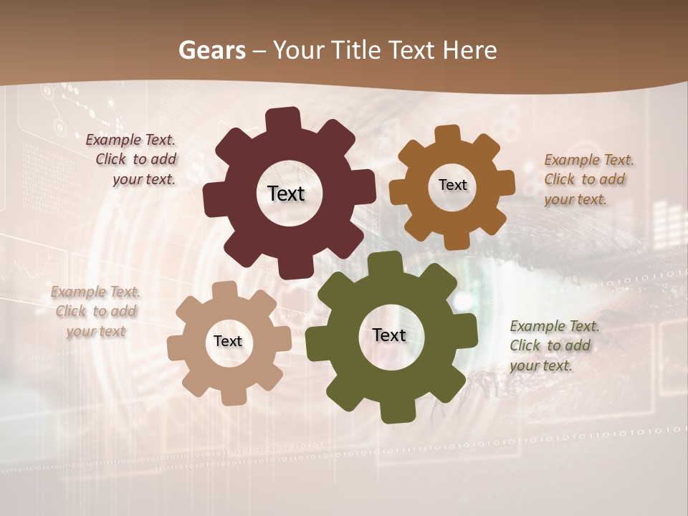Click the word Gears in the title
(x=212, y=50)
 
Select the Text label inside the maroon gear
(x=286, y=193)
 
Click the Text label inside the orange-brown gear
(x=452, y=185)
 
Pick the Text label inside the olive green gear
(x=389, y=335)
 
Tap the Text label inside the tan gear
(x=228, y=341)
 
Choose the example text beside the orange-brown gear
(x=588, y=179)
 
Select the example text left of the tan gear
(x=96, y=311)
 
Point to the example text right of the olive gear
(x=553, y=345)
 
